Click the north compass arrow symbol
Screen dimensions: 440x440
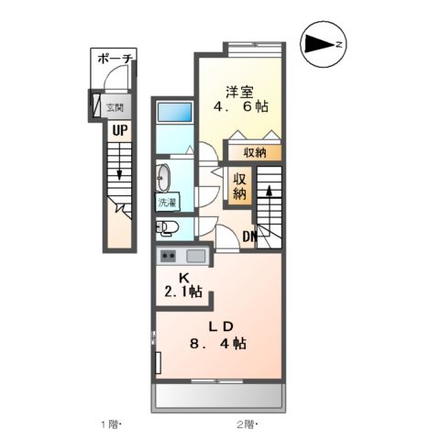323,43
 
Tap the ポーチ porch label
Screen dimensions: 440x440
115,60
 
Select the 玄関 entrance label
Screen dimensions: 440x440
114,106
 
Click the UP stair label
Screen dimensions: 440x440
119,130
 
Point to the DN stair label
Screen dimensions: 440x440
250,239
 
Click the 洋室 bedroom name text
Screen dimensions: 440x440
242,91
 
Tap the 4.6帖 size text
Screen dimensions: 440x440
242,107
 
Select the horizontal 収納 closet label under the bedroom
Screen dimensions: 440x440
255,153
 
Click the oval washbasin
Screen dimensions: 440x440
166,176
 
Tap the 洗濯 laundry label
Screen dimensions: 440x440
168,202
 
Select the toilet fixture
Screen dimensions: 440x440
167,227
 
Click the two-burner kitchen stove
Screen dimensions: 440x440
169,256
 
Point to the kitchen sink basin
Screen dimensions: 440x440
195,256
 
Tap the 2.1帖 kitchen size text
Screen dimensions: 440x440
183,292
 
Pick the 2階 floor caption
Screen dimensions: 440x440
246,423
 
